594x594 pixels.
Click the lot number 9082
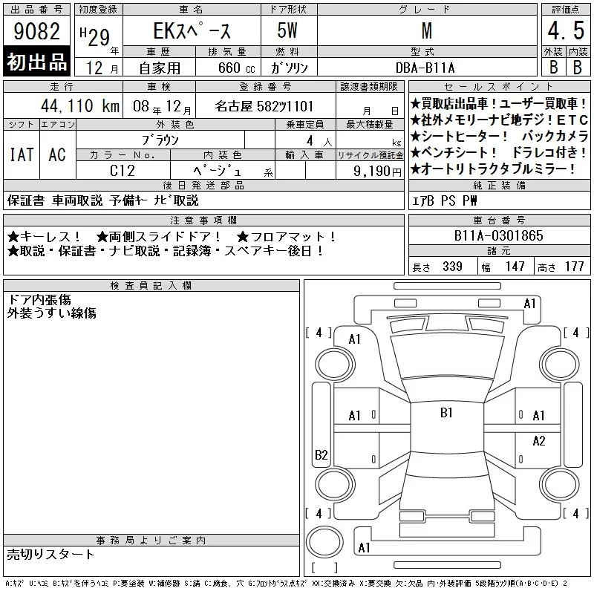36,31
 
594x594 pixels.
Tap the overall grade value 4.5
566,30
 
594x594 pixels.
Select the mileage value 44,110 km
80,105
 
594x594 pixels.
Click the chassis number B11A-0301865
498,235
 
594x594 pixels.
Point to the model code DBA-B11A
425,68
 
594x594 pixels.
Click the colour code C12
123,171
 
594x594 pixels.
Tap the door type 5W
287,30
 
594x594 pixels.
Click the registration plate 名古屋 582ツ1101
264,106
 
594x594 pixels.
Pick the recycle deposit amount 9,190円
377,172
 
